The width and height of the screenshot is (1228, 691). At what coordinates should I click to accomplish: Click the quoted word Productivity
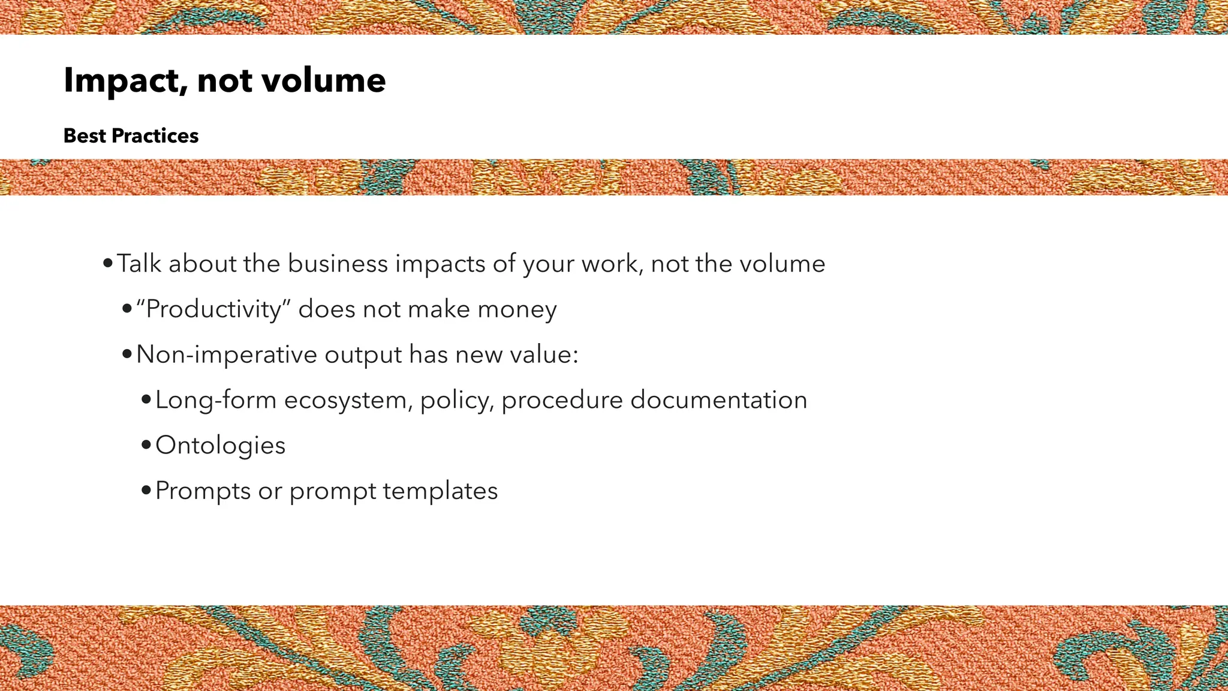point(213,310)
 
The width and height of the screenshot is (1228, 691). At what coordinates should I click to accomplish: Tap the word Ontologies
point(220,445)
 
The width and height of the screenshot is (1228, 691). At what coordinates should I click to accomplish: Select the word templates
point(440,491)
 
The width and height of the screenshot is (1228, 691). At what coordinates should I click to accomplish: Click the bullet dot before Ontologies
point(146,445)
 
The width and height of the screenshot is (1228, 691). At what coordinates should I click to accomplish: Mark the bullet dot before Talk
point(108,264)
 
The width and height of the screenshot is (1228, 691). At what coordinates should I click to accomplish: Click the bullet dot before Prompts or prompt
point(146,491)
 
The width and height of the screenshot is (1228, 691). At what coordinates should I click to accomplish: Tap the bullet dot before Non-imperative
point(127,354)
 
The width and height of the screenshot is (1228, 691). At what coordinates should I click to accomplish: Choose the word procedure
point(562,400)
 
